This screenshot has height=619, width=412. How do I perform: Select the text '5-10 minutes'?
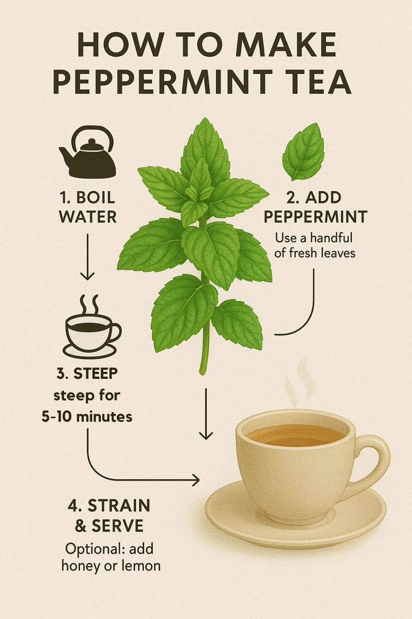click(x=87, y=416)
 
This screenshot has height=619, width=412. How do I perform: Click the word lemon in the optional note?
click(x=140, y=565)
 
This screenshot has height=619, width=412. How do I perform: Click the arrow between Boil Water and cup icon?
click(x=87, y=256)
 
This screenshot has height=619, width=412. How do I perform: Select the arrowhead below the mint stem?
click(x=206, y=435)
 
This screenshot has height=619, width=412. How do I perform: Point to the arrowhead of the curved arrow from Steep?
click(x=196, y=480)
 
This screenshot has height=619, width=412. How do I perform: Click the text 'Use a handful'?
click(x=314, y=238)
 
